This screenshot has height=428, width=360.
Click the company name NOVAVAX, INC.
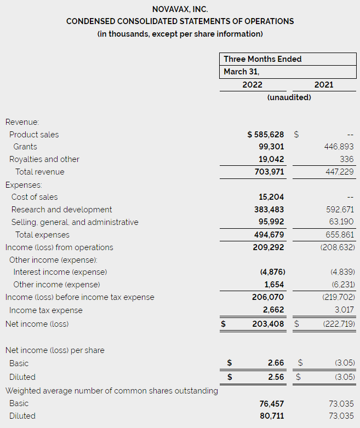[180, 9]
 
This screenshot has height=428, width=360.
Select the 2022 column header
[252, 85]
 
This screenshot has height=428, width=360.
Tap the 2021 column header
[324, 85]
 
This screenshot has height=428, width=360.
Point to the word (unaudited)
[289, 97]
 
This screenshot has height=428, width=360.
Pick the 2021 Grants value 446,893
[338, 147]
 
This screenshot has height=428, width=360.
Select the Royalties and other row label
[44, 159]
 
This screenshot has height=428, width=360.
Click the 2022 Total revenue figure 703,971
[271, 172]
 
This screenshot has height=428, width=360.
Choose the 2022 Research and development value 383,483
[271, 210]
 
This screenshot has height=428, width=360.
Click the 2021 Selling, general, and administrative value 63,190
[340, 222]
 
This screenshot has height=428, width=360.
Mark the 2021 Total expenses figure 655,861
[339, 235]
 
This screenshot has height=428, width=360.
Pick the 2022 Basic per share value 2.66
[276, 363]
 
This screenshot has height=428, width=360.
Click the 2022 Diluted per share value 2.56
[276, 377]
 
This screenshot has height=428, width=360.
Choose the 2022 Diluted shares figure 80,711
[272, 416]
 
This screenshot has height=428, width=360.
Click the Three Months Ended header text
[262, 59]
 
